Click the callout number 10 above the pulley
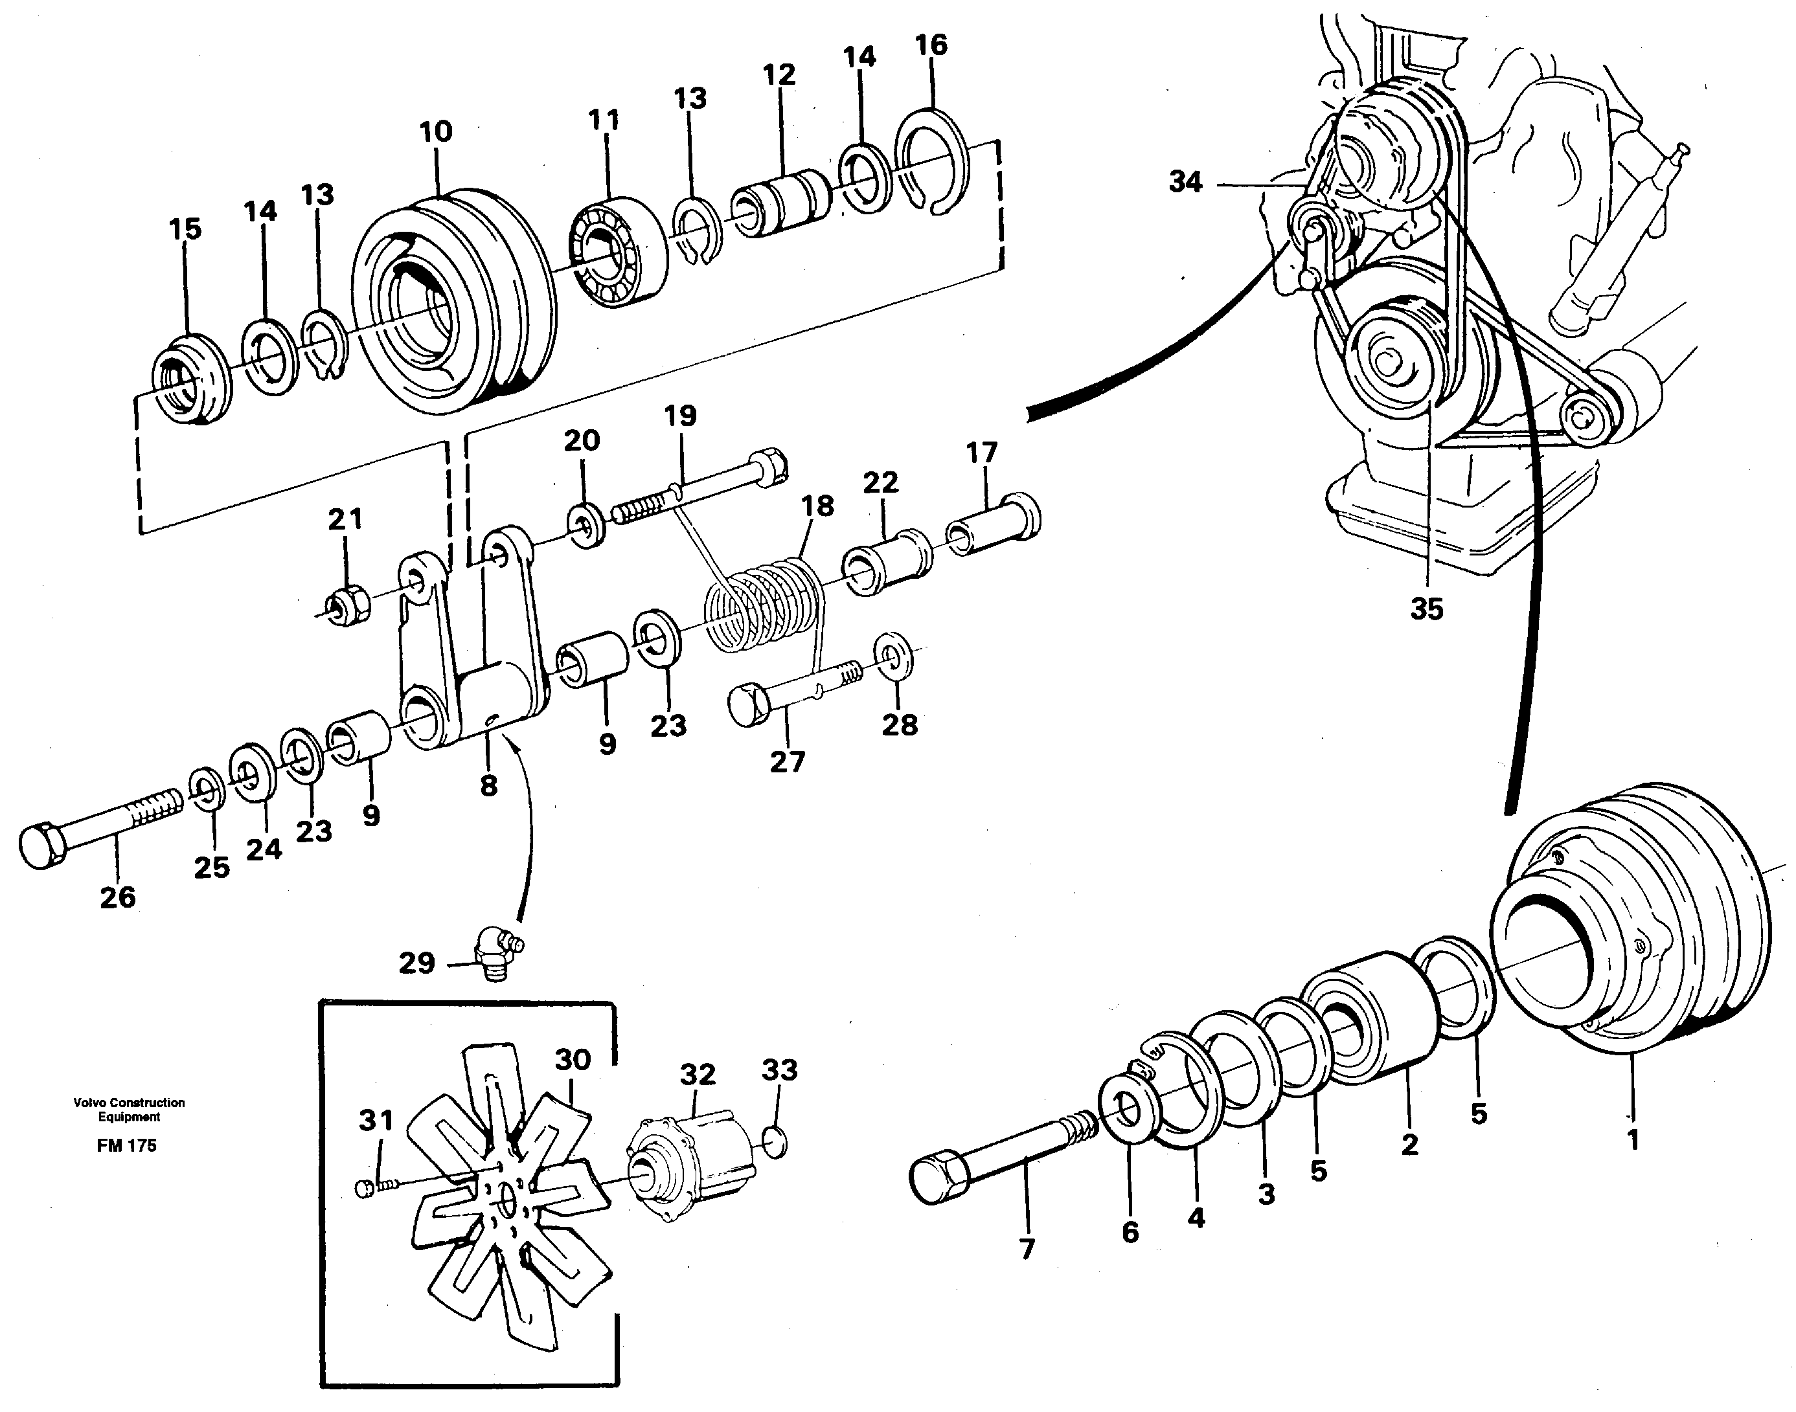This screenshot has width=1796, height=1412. point(436,131)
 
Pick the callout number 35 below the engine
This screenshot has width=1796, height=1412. point(1426,609)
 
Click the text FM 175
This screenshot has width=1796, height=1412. point(126,1146)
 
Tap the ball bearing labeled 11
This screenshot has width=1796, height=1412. point(618,251)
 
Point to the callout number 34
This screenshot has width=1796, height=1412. point(1185,182)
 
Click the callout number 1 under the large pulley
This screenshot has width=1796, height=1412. point(1632,1141)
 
